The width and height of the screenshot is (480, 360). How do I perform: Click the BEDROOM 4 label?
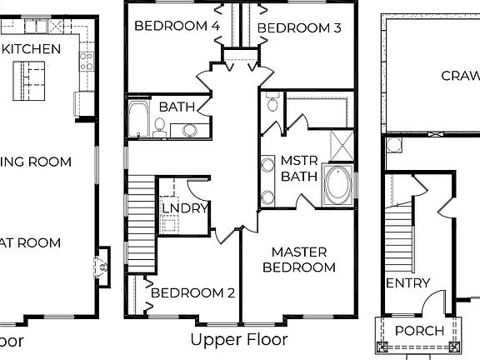point(177,26)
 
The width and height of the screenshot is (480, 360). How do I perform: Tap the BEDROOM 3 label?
point(299,28)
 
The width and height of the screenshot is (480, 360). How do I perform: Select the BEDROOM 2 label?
point(192,293)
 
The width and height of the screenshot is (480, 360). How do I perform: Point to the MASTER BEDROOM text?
point(299,259)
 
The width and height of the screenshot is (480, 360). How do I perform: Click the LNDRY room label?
point(184,208)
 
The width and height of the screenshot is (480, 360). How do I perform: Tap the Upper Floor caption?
point(239,340)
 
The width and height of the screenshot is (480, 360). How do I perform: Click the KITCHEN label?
point(31,48)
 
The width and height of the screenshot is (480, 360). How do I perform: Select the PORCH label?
point(419,332)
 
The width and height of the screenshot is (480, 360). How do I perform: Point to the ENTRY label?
point(407,283)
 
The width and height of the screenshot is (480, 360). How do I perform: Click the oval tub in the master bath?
point(337,185)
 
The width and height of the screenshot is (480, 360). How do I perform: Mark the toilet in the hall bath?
point(159,126)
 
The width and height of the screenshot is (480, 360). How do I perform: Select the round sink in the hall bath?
point(191,129)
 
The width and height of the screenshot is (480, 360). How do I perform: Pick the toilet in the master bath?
point(272,103)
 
